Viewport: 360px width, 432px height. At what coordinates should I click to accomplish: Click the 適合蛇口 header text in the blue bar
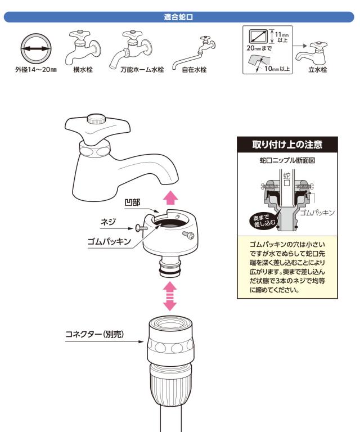tap(178, 17)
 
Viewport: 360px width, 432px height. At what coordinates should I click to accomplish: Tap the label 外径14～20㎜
tap(36, 69)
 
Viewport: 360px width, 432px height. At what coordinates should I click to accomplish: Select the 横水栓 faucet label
tap(83, 69)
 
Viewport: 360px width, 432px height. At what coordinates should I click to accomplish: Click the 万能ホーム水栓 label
tap(142, 69)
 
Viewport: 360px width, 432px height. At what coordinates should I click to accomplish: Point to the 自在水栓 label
tap(194, 69)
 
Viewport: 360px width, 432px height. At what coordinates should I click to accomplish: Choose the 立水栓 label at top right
tap(318, 69)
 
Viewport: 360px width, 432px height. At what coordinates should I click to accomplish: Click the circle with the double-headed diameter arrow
tap(36, 49)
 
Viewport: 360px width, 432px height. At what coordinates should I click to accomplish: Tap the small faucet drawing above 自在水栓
tap(194, 52)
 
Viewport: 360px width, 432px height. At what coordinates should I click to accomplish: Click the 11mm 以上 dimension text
tap(282, 37)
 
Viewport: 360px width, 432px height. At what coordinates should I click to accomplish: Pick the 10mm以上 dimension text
tap(277, 69)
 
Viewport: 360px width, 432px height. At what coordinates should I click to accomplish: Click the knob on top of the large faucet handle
tap(96, 119)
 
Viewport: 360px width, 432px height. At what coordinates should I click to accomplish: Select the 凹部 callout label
tap(133, 202)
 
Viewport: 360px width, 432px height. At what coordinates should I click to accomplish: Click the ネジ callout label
tap(108, 222)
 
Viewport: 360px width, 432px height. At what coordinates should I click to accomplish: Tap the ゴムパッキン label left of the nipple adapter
tap(109, 242)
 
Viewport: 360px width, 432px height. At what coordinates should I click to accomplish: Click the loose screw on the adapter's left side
tap(141, 228)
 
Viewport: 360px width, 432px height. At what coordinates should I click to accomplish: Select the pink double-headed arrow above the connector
tap(170, 296)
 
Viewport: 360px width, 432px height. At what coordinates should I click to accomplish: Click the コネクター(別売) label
tap(94, 334)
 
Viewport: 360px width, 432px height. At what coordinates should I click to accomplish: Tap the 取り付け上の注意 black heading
tap(287, 145)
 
